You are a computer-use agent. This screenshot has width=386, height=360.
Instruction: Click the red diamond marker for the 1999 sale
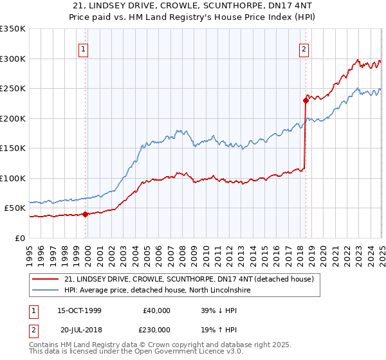coord(86,215)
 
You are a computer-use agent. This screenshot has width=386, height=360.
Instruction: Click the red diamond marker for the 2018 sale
coord(306,100)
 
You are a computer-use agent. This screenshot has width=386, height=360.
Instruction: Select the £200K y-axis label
coord(13,118)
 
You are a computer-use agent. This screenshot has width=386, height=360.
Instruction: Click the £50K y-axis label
coord(15,208)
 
